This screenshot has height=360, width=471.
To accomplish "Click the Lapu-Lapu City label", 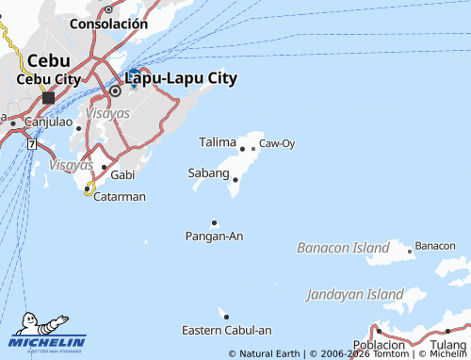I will point(180,78).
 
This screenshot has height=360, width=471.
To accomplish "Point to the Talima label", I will point(218,142).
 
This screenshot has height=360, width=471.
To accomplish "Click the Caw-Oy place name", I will point(277,143).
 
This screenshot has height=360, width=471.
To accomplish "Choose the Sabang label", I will point(208,173).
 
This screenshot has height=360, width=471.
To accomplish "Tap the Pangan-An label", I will point(215,236).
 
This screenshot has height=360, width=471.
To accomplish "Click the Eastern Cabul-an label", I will point(226,330).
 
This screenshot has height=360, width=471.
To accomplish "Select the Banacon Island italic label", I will point(343,248).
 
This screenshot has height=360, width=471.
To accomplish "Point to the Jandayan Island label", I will point(355,295).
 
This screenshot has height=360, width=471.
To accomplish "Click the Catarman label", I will point(120,197).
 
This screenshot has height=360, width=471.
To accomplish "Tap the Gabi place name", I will point(122,175).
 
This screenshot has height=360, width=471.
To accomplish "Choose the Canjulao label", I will point(48,122).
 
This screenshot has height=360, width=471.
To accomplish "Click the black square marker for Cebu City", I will point(48,97).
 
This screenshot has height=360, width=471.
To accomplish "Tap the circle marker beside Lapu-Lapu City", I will point(116,91).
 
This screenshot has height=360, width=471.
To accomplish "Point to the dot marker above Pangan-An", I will point(215,222).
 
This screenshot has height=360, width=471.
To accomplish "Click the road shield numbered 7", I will point(32,144).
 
